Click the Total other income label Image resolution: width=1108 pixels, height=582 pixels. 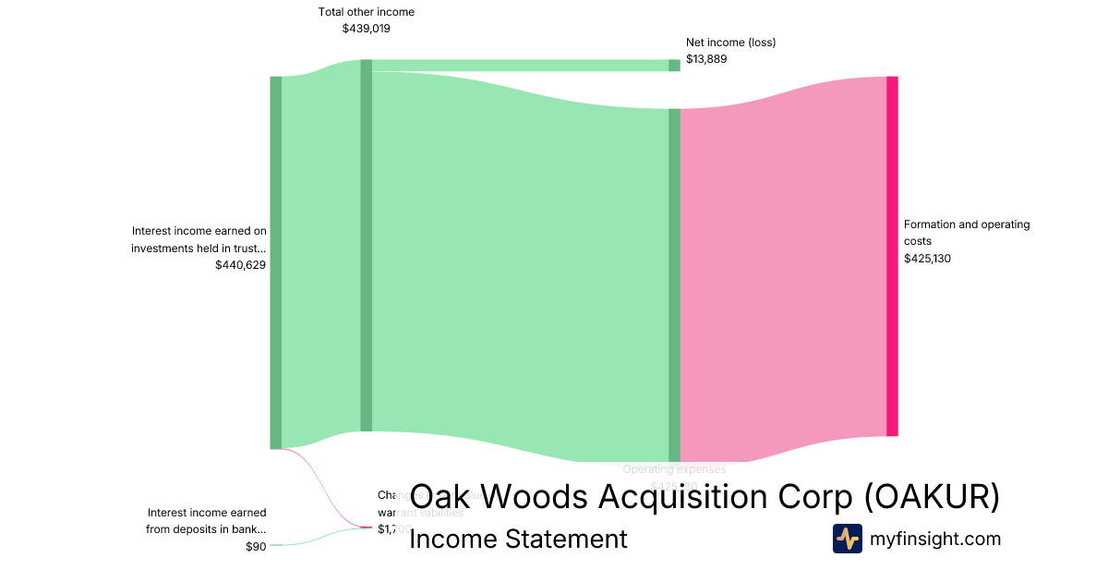(367, 12)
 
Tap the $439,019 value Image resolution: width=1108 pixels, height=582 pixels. (367, 29)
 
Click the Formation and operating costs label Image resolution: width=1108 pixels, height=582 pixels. (967, 233)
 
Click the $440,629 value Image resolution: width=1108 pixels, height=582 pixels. (240, 265)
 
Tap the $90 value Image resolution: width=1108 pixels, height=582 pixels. (256, 547)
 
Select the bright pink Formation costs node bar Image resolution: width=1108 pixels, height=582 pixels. (892, 256)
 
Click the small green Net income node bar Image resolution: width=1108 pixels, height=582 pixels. (674, 65)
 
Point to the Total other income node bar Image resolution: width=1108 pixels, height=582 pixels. (366, 245)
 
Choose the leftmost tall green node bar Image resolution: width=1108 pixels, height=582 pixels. (275, 262)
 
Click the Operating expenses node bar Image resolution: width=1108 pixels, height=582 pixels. (674, 285)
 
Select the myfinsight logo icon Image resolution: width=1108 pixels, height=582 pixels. (847, 539)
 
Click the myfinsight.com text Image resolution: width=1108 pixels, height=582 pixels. (935, 539)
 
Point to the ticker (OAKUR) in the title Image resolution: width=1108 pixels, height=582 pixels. (933, 497)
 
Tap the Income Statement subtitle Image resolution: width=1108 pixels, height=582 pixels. (518, 539)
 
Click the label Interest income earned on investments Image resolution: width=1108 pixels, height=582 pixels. (199, 239)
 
